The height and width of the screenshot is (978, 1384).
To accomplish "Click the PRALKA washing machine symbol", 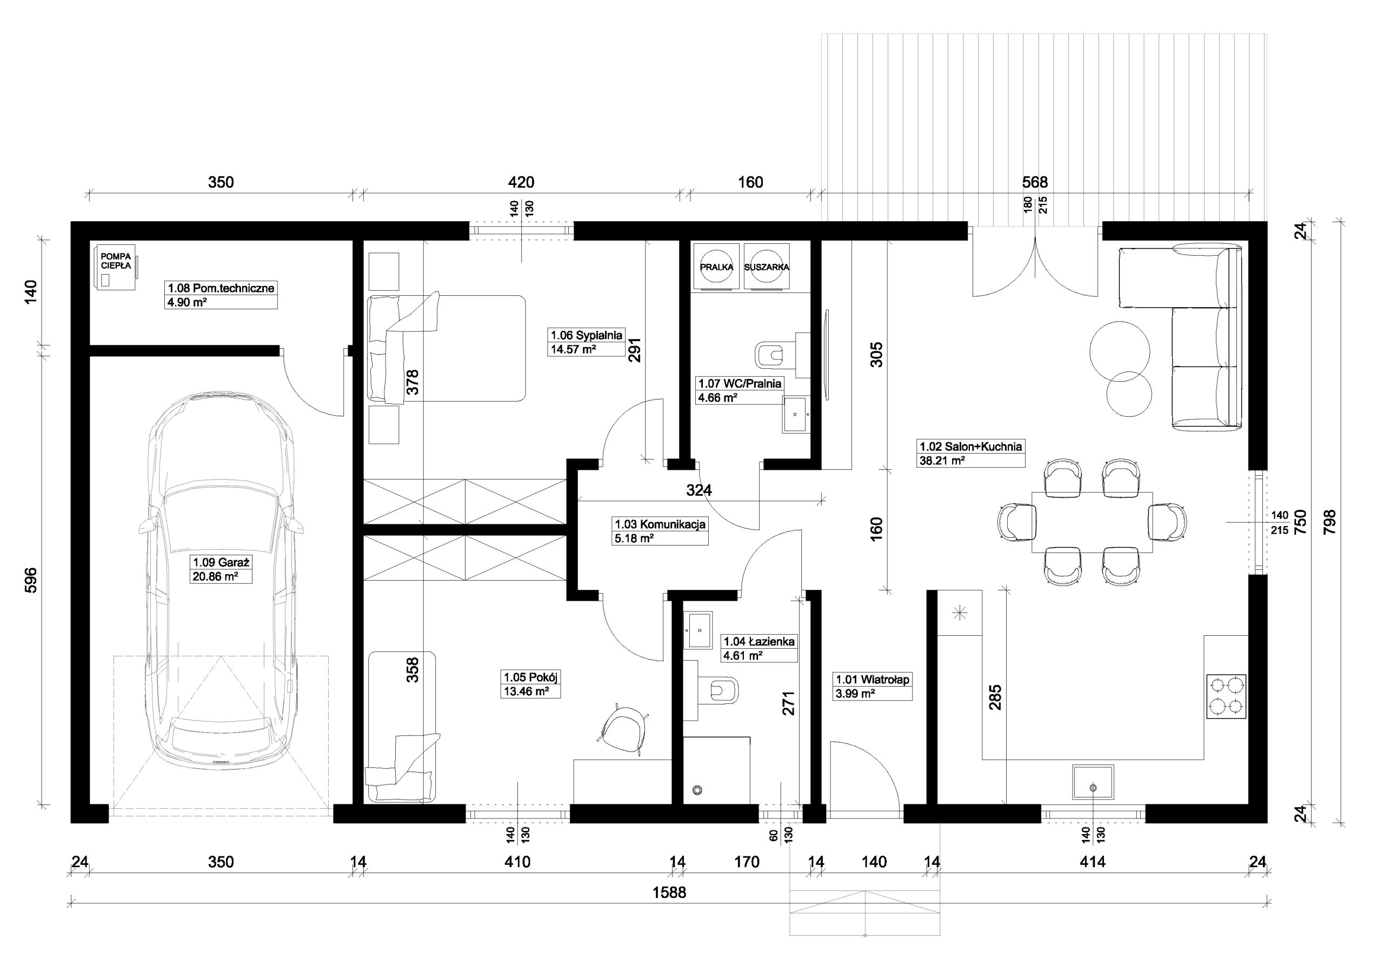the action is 716,267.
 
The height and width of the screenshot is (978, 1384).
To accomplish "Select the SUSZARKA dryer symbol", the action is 766,267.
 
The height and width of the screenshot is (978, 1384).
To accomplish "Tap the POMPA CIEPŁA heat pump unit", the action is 115,267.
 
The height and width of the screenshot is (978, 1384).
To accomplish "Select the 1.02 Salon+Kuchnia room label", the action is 970,447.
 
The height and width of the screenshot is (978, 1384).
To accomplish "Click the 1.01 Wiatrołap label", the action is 872,680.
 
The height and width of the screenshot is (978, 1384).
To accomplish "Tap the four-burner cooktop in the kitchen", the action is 1226,696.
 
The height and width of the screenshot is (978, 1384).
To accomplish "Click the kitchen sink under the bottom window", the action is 1093,782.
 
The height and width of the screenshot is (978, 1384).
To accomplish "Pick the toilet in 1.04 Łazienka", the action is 718,689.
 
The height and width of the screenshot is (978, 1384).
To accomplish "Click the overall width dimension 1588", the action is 669,893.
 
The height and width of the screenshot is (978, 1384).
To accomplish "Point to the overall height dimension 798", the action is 1329,522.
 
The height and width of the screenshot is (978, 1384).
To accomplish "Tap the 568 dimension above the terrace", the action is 1035,182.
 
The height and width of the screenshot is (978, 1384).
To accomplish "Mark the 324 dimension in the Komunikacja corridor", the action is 699,491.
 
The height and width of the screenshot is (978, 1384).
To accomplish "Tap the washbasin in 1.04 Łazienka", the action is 698,629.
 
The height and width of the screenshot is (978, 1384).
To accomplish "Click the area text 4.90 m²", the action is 187,302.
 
